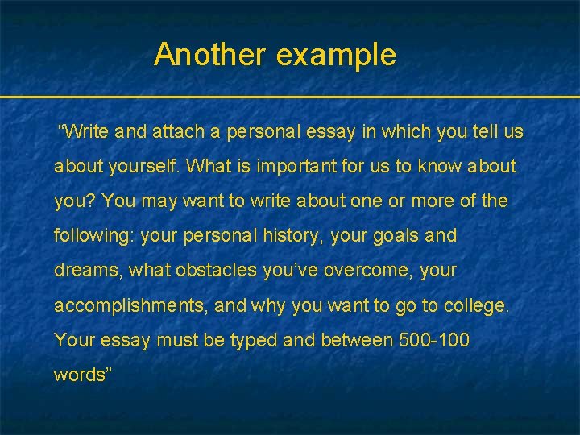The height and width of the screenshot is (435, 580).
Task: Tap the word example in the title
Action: pos(336,56)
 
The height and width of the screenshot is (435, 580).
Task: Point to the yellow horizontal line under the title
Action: pos(290,97)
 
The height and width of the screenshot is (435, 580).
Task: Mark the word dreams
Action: pos(85,271)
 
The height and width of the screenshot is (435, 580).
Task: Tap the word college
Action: pos(478,306)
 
